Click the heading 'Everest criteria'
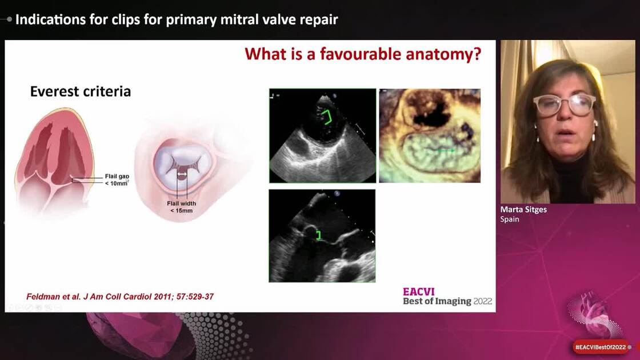coord(80,91)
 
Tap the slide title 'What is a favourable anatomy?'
coord(363,54)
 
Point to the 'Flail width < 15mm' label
coord(180,207)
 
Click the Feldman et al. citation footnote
coord(120,297)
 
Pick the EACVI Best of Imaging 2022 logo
coord(447,296)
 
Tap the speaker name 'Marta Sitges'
coord(523,210)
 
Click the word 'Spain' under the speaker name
coord(510,219)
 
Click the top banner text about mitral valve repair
coord(177,19)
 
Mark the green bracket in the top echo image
coord(328,118)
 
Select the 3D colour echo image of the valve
coord(430,135)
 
